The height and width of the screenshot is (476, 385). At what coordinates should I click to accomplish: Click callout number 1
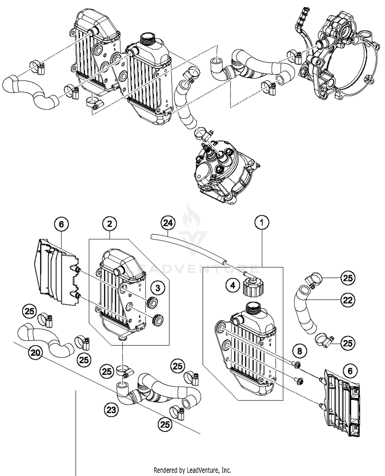pyautogui.click(x=262, y=223)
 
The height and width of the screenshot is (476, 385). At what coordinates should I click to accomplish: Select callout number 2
pyautogui.click(x=110, y=224)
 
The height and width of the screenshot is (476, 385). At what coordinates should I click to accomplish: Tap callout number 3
pyautogui.click(x=158, y=288)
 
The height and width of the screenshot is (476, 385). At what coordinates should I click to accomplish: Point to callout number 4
pyautogui.click(x=233, y=285)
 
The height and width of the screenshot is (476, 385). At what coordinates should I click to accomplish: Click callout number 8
pyautogui.click(x=300, y=351)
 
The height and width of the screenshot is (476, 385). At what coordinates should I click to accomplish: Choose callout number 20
pyautogui.click(x=35, y=353)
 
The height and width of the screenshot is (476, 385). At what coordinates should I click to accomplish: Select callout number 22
pyautogui.click(x=348, y=300)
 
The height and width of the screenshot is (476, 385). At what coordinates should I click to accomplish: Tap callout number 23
pyautogui.click(x=111, y=410)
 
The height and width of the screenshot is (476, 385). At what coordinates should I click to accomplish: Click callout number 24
pyautogui.click(x=168, y=223)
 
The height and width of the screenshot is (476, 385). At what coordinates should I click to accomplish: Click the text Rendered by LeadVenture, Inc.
pyautogui.click(x=192, y=470)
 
